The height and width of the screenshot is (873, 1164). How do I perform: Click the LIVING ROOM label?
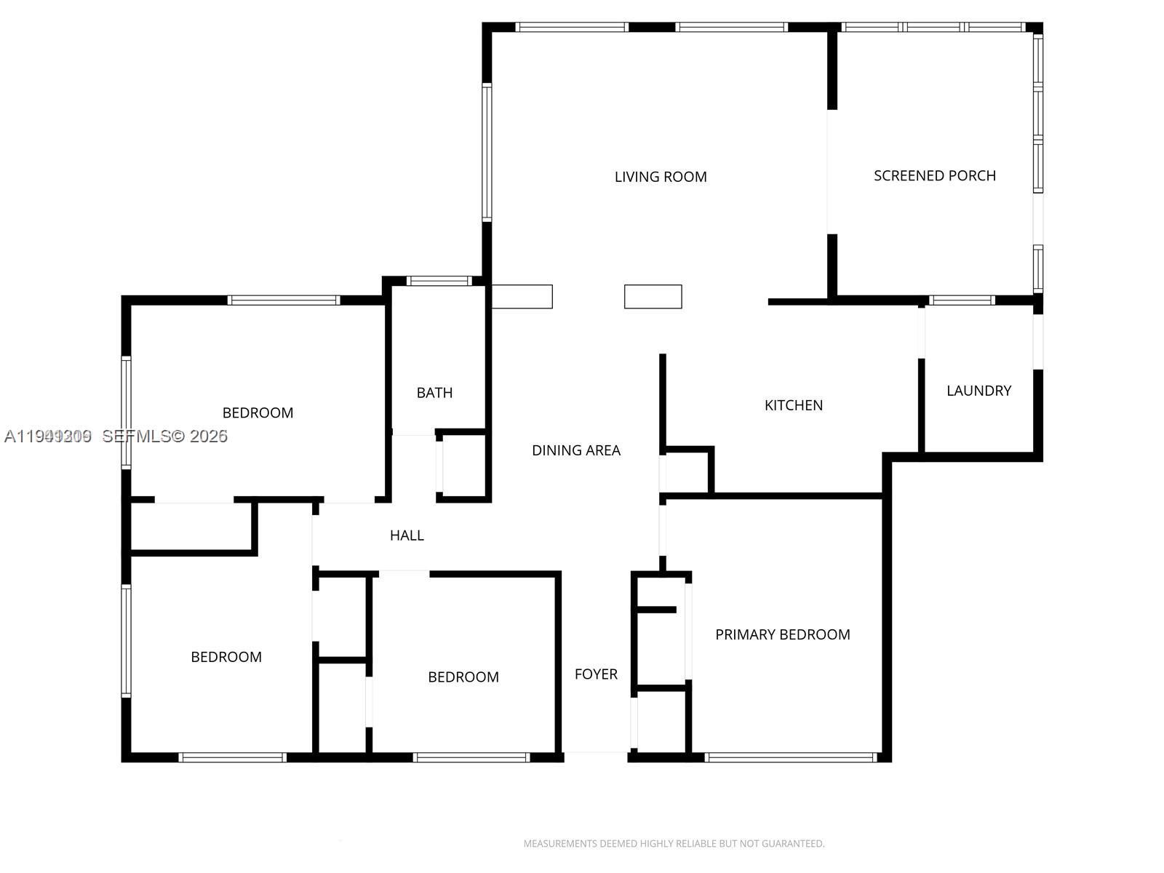tap(660, 177)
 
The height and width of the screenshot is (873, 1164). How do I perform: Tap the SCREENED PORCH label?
tap(934, 175)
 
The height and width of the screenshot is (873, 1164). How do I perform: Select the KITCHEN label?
tap(793, 405)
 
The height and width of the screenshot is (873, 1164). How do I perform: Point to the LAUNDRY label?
tap(978, 391)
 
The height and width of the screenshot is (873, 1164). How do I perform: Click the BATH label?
tap(434, 393)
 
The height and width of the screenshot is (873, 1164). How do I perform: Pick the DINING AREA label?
tap(575, 450)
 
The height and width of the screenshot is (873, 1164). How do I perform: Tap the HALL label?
tap(407, 535)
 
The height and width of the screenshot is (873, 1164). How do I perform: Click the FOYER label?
tap(596, 674)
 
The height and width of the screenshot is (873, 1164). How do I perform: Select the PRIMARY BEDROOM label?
tap(782, 634)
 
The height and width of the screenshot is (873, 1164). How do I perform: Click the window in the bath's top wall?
tap(439, 281)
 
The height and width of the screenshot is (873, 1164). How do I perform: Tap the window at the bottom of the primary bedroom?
tap(790, 757)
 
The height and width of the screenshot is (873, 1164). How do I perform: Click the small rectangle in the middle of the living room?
tap(653, 296)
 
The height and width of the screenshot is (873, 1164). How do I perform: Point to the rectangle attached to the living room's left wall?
tap(522, 296)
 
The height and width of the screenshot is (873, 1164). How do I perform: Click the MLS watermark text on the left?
tap(116, 436)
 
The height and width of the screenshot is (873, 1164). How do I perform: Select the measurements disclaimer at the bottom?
tap(674, 844)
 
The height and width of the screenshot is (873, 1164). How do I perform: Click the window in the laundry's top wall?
tap(961, 300)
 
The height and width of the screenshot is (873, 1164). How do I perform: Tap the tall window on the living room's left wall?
tap(487, 151)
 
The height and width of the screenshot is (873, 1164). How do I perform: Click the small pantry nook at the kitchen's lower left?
tap(687, 473)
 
